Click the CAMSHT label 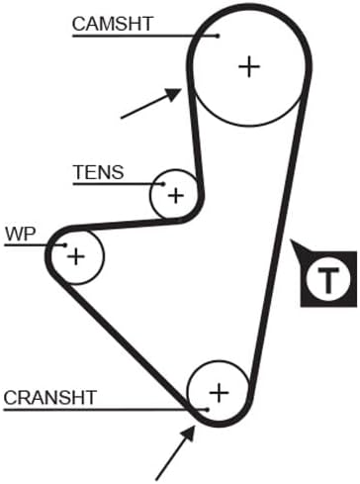point(113,24)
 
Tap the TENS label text point(99,172)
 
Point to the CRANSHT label point(50,398)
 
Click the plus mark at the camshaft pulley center point(249,66)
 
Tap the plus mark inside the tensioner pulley point(176,196)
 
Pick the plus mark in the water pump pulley point(76,256)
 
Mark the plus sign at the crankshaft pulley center point(220,393)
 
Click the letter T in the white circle point(327,280)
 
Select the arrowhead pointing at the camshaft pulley point(174,94)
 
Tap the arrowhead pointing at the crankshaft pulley point(189,433)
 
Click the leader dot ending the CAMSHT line point(218,36)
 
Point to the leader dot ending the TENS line point(162,184)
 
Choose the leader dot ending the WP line point(65,244)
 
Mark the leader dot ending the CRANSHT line point(207,410)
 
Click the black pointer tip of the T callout point(291,241)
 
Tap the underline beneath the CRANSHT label point(105,410)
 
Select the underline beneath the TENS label point(118,184)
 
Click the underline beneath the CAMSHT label point(144,36)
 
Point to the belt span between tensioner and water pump point(127,224)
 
